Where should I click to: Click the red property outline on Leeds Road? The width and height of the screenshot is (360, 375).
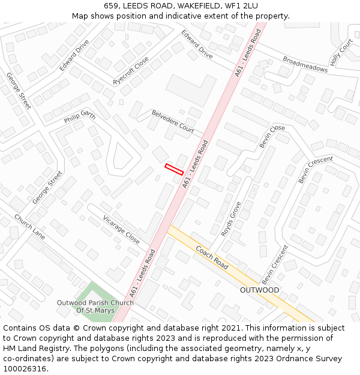(x=174, y=169)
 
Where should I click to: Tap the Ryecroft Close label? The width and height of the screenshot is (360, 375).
(x=131, y=71)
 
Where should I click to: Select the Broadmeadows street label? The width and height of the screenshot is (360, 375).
(x=305, y=65)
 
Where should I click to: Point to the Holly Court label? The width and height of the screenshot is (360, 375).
(x=341, y=53)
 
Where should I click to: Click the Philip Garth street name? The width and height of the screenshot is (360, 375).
(x=80, y=116)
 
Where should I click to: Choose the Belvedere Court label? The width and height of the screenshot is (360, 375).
(x=173, y=121)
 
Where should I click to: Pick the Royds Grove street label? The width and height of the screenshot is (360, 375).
(x=231, y=218)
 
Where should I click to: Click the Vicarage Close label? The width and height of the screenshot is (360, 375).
(x=121, y=230)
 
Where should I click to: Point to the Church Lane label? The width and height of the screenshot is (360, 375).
(x=29, y=227)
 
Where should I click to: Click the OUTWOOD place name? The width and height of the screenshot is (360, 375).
(x=259, y=290)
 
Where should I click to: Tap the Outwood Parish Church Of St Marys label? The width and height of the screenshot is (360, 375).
(x=95, y=307)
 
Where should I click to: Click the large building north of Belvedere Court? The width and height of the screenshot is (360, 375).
(x=190, y=90)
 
